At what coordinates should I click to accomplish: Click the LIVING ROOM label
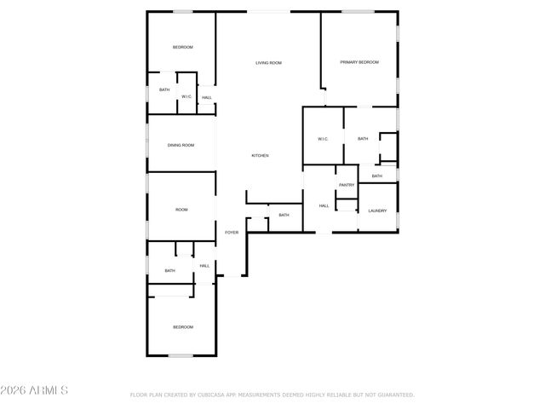[269, 63]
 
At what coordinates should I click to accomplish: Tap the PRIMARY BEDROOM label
[359, 62]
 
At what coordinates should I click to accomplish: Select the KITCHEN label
[260, 155]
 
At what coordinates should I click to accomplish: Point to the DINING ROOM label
[181, 145]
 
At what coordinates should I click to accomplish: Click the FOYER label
[232, 232]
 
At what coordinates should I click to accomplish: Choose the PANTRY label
[347, 185]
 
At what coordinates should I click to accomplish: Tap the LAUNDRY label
[377, 210]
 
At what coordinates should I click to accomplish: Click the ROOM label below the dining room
[181, 210]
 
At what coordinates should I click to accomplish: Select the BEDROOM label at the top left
[182, 47]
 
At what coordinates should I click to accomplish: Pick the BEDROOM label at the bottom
[182, 327]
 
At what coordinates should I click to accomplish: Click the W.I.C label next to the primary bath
[323, 139]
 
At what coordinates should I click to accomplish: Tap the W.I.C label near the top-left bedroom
[186, 96]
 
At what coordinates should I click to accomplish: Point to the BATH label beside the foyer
[284, 215]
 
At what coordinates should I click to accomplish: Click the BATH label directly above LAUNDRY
[376, 176]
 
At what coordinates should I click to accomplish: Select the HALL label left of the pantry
[324, 205]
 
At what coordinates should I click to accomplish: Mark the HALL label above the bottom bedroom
[204, 266]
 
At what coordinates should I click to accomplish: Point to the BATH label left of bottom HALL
[169, 271]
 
